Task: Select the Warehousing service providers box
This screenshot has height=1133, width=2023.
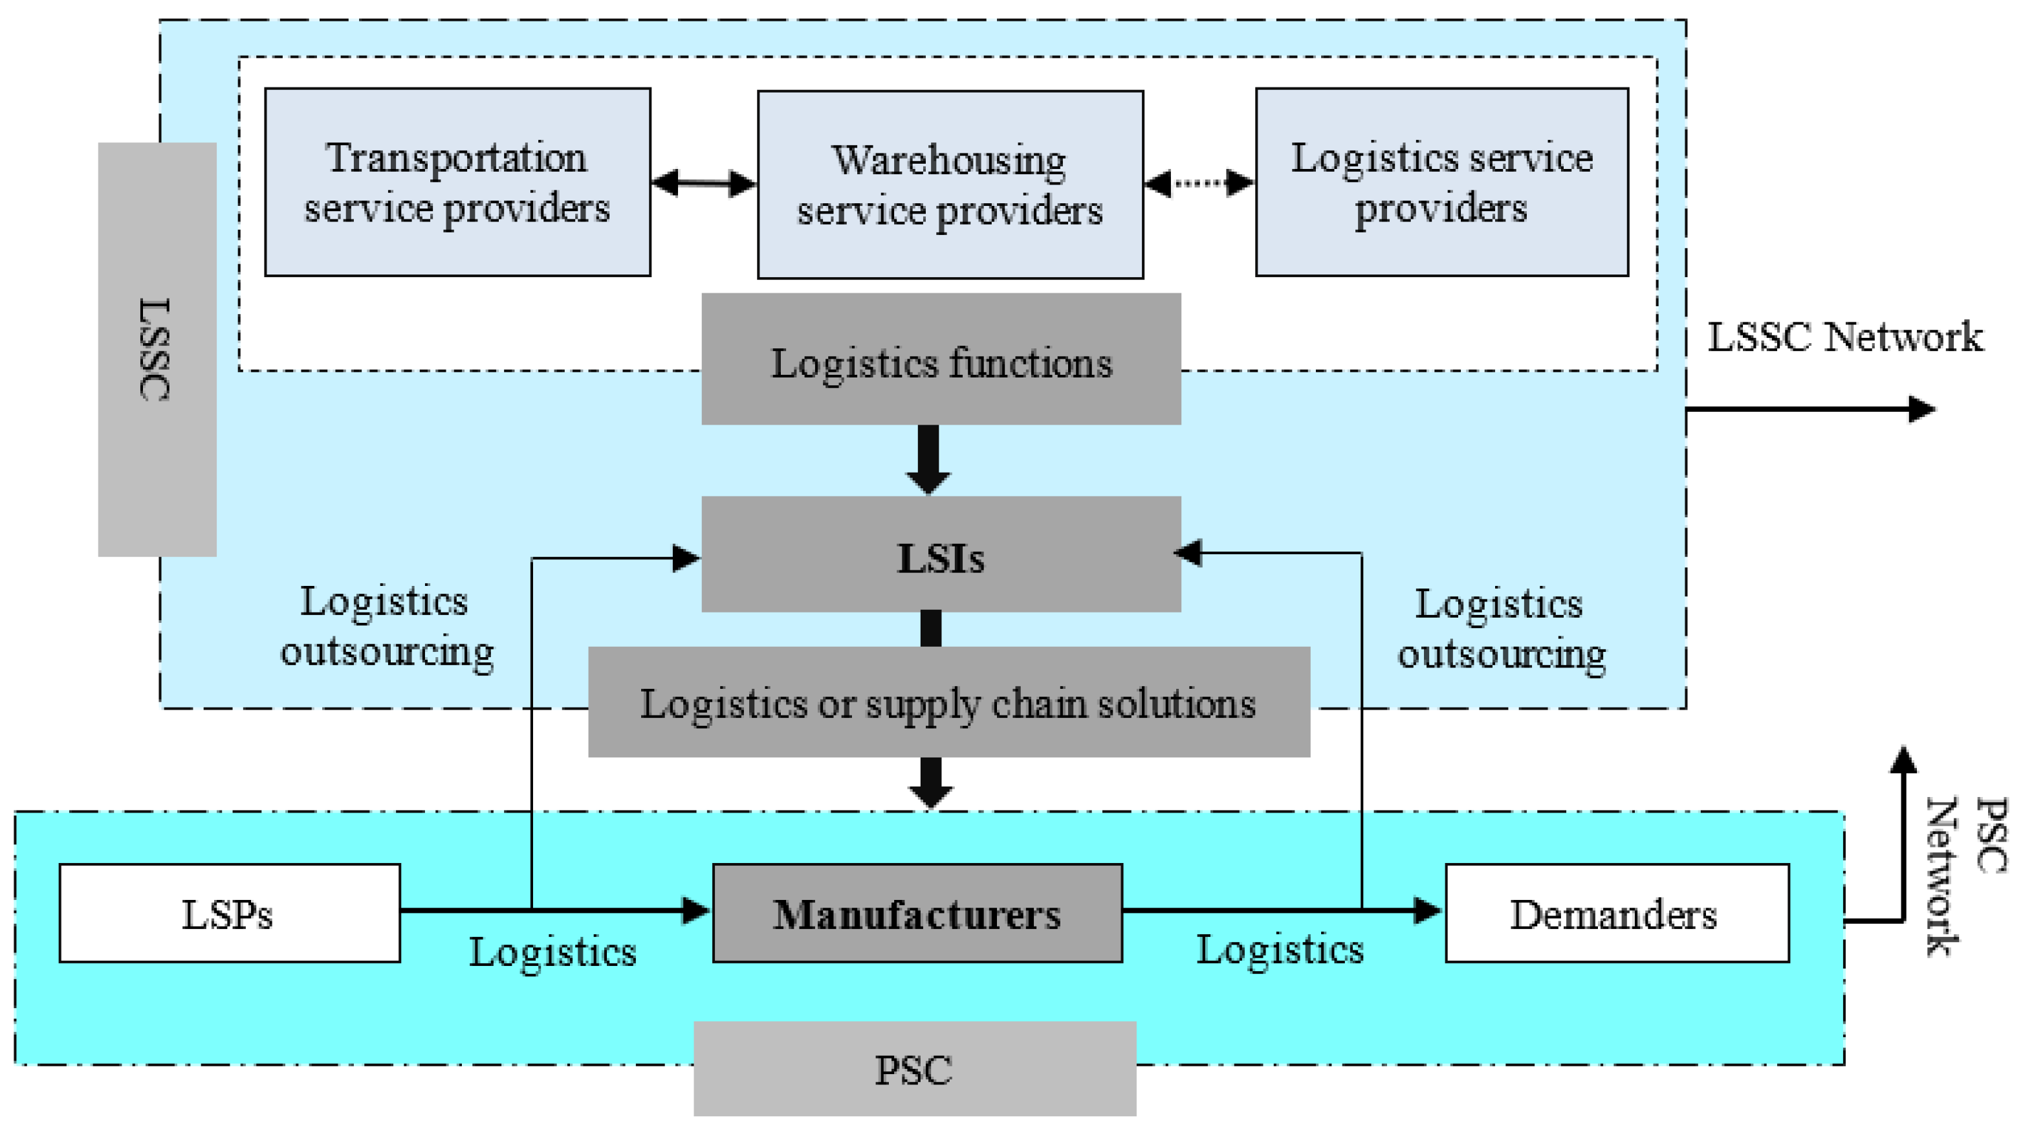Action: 950,184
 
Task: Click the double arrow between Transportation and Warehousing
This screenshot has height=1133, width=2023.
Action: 704,183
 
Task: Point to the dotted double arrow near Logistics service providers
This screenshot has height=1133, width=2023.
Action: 1199,183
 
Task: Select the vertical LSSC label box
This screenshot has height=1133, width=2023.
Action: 157,349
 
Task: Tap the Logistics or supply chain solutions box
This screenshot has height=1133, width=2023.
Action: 948,702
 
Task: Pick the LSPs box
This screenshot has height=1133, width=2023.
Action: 229,913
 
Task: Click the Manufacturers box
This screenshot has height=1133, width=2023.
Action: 917,913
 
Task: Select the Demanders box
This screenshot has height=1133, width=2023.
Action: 1617,913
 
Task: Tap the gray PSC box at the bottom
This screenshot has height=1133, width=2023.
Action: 914,1068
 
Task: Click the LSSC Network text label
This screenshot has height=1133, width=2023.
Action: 1844,337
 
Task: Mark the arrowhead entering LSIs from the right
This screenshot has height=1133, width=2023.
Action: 1189,552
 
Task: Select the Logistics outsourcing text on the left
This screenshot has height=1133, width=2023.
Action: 386,626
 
